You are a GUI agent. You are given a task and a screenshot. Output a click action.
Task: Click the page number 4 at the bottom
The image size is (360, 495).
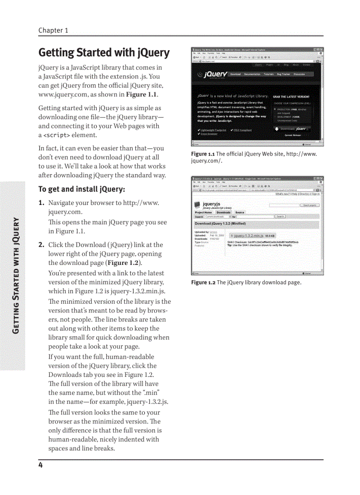click(x=40, y=465)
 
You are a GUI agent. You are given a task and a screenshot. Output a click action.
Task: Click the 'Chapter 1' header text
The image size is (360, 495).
click(x=53, y=30)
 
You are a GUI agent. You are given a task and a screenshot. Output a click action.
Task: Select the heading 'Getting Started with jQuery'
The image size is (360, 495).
click(x=104, y=52)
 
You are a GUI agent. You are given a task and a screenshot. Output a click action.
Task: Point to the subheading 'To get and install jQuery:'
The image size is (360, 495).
click(x=82, y=189)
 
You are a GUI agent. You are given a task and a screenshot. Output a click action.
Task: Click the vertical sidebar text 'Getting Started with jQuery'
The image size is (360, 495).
click(x=16, y=275)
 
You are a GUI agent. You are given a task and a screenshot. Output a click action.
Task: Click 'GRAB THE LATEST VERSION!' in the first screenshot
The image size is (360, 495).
click(x=291, y=97)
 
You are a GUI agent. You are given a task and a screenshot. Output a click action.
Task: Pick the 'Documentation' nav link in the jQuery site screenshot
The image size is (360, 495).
click(x=252, y=74)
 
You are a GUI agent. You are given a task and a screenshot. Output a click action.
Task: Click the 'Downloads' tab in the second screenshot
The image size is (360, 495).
click(x=223, y=212)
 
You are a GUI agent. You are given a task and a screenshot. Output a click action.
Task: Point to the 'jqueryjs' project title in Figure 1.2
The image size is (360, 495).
click(x=211, y=204)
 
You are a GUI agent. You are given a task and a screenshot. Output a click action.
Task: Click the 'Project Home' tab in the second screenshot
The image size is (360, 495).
click(x=203, y=212)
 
